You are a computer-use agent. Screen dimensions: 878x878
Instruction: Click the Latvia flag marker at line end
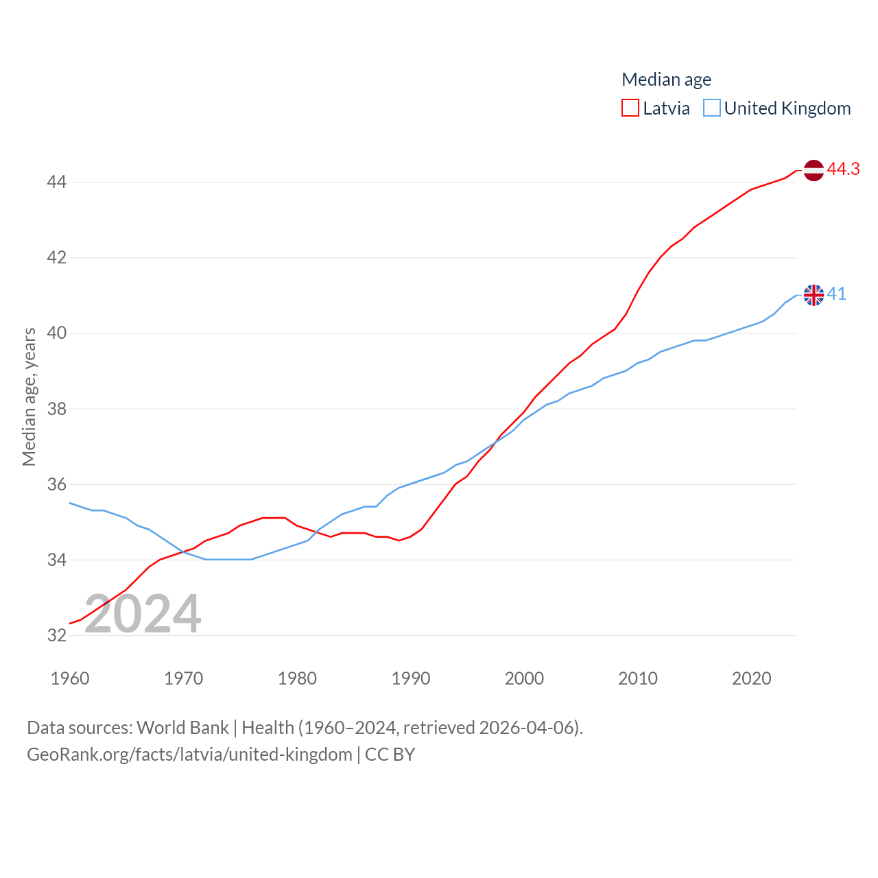pyautogui.click(x=814, y=170)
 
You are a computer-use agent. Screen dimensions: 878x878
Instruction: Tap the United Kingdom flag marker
pyautogui.click(x=814, y=295)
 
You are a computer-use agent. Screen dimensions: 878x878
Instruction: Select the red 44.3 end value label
pyautogui.click(x=843, y=169)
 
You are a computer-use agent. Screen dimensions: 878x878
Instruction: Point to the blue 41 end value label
pyautogui.click(x=837, y=294)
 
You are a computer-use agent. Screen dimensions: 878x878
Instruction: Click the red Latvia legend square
pyautogui.click(x=630, y=108)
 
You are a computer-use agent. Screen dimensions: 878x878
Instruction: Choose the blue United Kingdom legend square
pyautogui.click(x=712, y=108)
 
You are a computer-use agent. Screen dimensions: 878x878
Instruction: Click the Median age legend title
pyautogui.click(x=666, y=80)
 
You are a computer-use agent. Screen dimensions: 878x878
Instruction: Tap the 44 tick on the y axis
pyautogui.click(x=56, y=182)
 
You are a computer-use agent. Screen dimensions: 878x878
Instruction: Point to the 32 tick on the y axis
pyautogui.click(x=56, y=635)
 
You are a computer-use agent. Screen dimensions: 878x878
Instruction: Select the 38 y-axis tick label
pyautogui.click(x=56, y=409)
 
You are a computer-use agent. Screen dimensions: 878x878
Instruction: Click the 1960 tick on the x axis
pyautogui.click(x=70, y=678)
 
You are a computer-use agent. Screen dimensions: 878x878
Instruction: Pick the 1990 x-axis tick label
pyautogui.click(x=411, y=678)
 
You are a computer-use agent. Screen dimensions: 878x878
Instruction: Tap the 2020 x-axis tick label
pyautogui.click(x=752, y=678)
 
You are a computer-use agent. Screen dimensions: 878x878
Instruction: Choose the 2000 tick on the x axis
pyautogui.click(x=524, y=678)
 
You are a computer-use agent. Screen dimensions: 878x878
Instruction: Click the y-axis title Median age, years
pyautogui.click(x=29, y=396)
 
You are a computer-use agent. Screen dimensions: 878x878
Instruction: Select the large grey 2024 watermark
pyautogui.click(x=143, y=614)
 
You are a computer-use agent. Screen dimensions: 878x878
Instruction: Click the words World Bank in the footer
pyautogui.click(x=182, y=728)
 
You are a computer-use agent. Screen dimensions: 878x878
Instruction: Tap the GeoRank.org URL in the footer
pyautogui.click(x=189, y=755)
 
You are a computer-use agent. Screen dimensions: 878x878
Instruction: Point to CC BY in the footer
pyautogui.click(x=390, y=755)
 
